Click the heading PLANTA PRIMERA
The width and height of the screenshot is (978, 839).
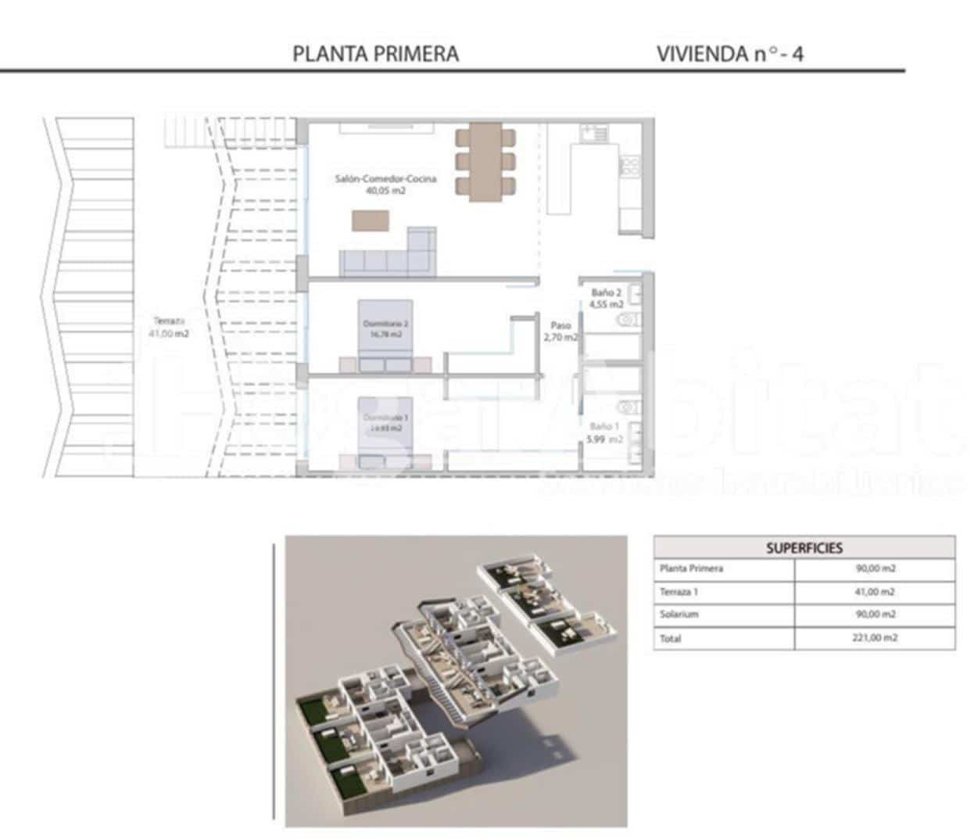click(x=375, y=54)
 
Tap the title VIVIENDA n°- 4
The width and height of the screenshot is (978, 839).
click(x=729, y=54)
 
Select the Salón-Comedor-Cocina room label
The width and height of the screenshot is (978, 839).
click(x=385, y=179)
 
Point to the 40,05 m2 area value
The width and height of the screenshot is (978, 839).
click(x=385, y=190)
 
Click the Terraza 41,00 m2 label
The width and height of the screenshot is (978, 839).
click(x=169, y=327)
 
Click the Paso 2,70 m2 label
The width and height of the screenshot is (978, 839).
click(x=561, y=332)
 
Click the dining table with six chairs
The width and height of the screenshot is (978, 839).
click(x=485, y=162)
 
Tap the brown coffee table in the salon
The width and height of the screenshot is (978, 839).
click(x=370, y=221)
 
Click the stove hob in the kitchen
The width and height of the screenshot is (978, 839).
click(x=630, y=166)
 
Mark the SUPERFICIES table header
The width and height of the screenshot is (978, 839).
click(x=804, y=547)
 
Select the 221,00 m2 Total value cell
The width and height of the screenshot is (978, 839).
click(x=874, y=638)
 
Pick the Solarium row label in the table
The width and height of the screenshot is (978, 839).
click(x=679, y=615)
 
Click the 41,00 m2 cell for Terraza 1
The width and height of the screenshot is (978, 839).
click(x=874, y=592)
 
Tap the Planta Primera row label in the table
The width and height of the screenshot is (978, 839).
click(x=691, y=568)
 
